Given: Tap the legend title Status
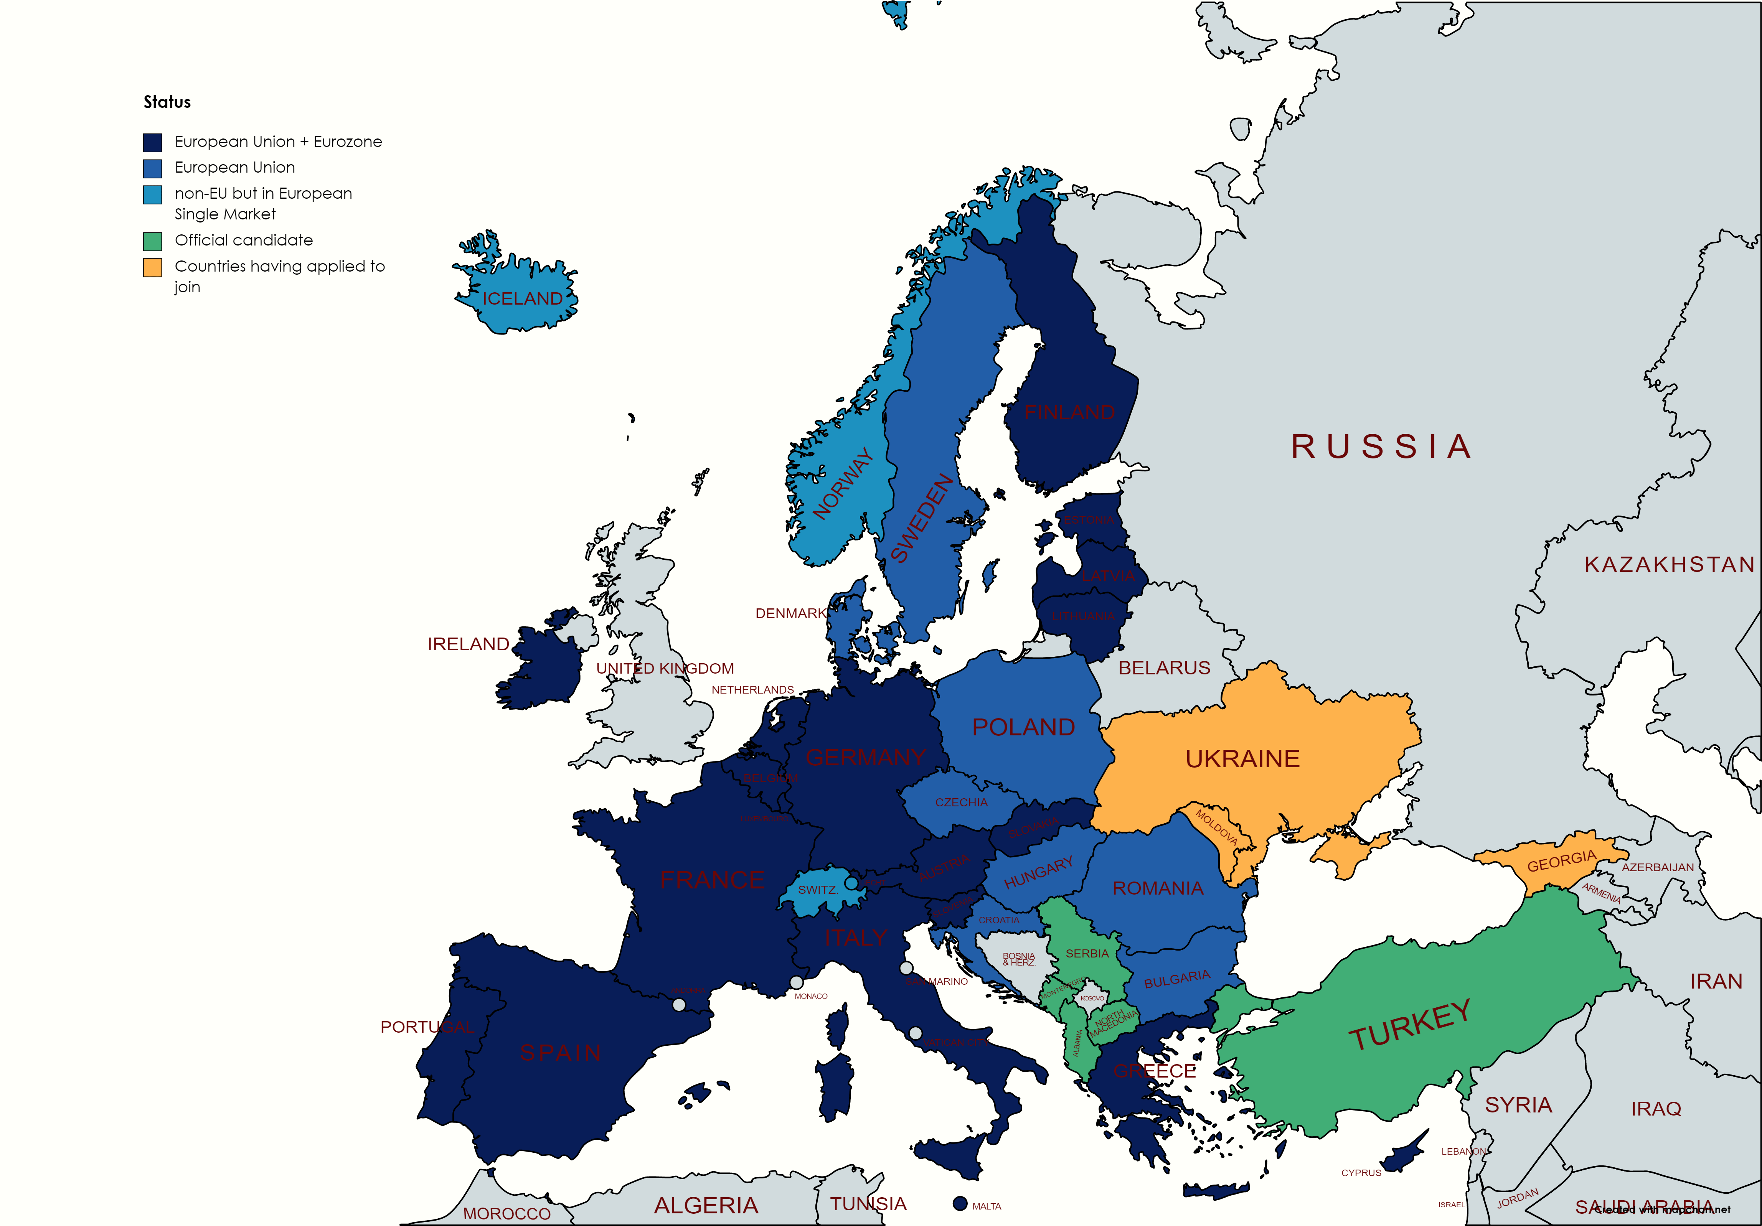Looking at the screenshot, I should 167,102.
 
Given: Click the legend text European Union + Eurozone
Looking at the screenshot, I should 278,142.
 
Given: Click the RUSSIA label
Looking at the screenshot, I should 1381,447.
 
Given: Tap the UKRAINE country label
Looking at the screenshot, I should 1242,759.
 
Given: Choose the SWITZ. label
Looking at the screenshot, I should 817,890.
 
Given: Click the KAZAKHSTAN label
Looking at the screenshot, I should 1669,565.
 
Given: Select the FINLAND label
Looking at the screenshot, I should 1069,413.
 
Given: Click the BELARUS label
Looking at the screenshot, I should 1164,668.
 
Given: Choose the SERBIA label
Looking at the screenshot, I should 1087,954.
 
